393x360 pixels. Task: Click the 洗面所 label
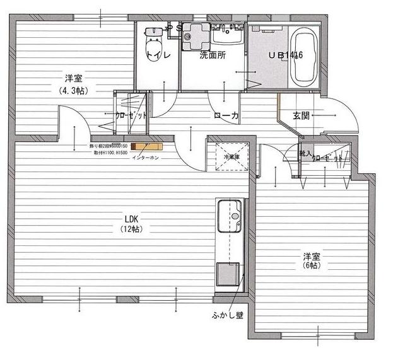click(213, 55)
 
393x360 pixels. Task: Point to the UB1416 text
click(286, 55)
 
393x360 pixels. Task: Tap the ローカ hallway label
click(226, 115)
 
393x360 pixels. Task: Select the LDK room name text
click(132, 219)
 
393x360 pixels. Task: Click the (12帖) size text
click(132, 229)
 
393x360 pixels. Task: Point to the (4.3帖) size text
click(74, 90)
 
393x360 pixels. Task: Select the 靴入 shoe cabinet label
click(305, 153)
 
